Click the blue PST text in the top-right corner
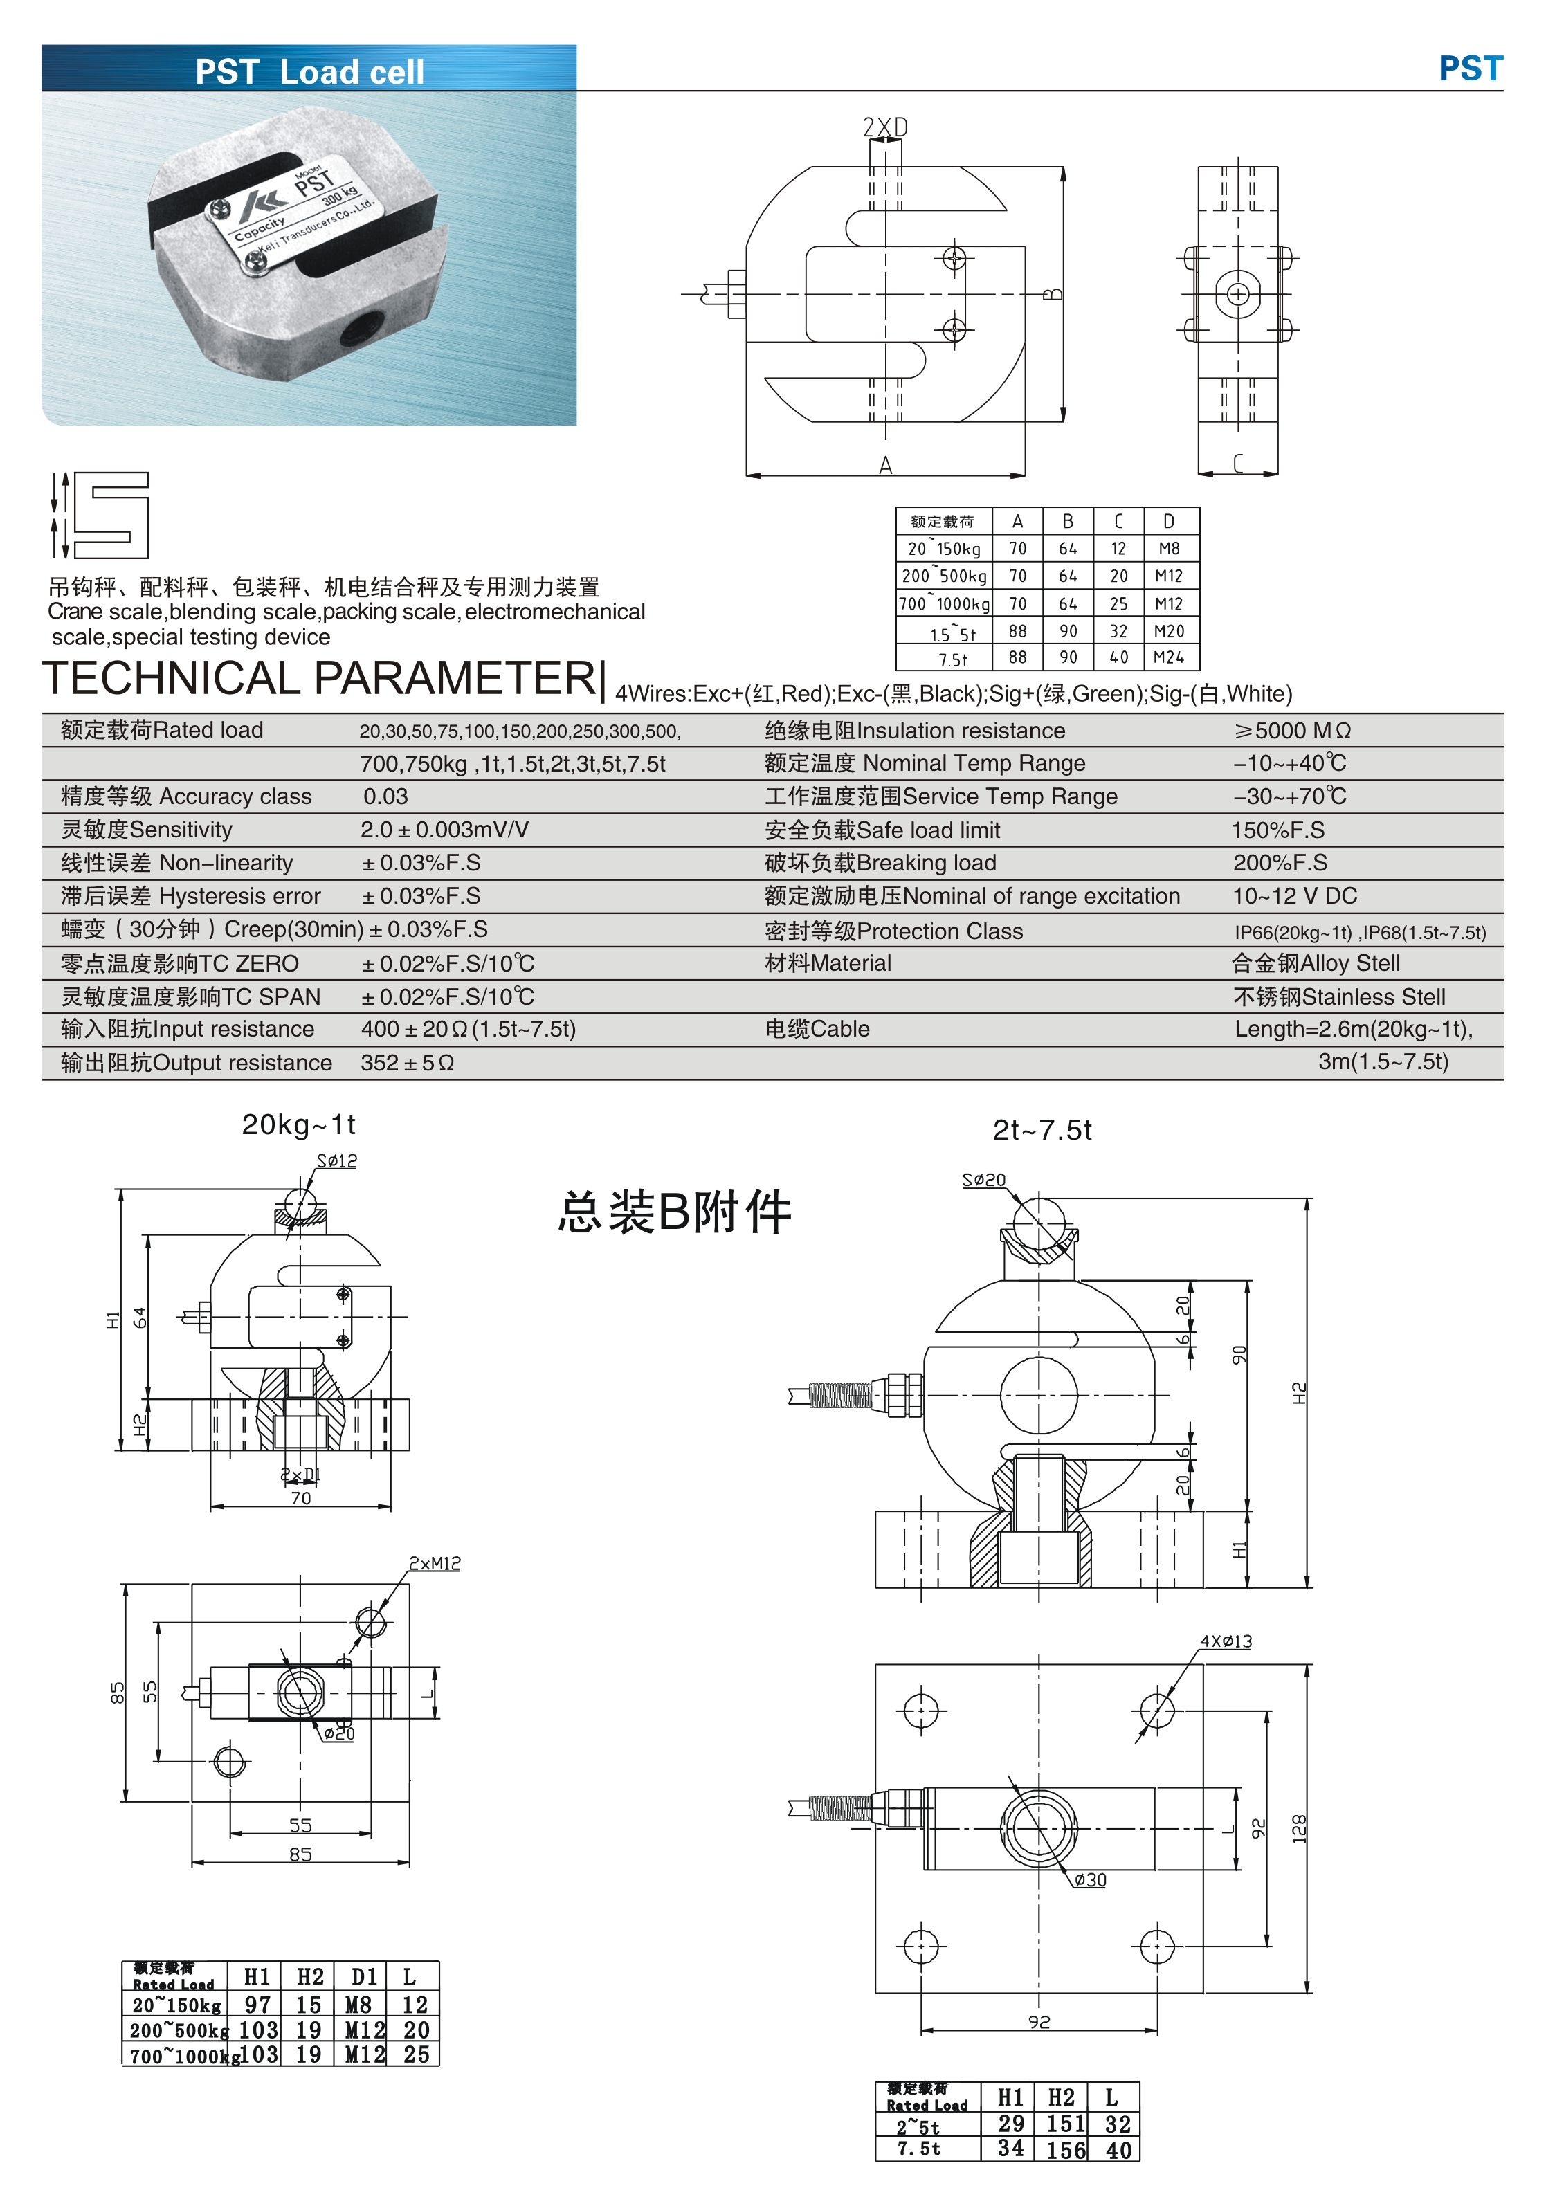tap(1469, 69)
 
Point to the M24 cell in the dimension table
tap(1168, 658)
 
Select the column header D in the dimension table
tap(1168, 522)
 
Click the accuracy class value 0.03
tap(385, 796)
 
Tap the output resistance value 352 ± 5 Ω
tap(406, 1063)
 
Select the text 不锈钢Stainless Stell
tap(1338, 996)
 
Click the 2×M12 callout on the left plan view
tap(435, 1564)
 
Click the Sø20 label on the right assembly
tap(984, 1180)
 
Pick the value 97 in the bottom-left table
tap(257, 2004)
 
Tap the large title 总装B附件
tap(675, 1212)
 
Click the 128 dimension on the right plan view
tap(1298, 1828)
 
